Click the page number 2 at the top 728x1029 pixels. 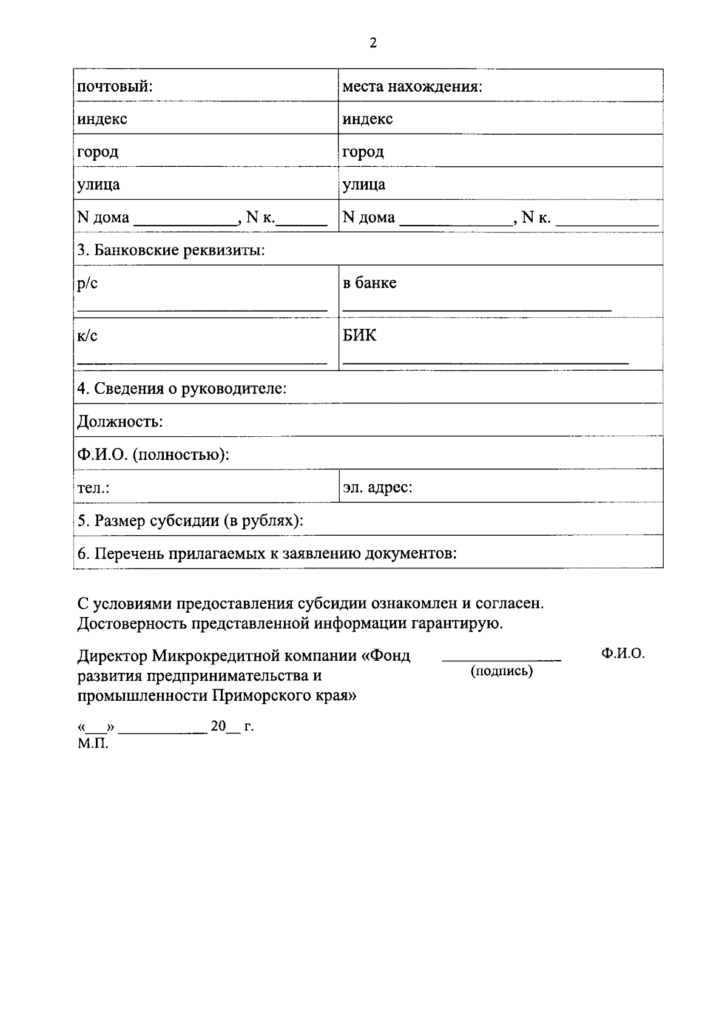(372, 42)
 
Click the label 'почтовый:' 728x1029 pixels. (114, 86)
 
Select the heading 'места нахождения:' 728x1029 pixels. (412, 86)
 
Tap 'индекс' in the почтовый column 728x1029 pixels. (102, 119)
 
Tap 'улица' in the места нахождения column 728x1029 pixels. (363, 184)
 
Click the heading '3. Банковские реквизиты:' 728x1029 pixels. (171, 250)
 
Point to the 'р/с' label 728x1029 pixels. (87, 283)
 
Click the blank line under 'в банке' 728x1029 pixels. (477, 309)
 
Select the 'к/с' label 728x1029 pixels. (87, 336)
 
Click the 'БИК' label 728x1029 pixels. (359, 335)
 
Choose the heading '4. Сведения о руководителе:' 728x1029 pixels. (181, 388)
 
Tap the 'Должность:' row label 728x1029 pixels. (120, 421)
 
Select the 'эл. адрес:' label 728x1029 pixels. (377, 487)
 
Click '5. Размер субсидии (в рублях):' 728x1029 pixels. (190, 521)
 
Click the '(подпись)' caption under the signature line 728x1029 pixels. (502, 671)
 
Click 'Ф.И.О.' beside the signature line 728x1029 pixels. (622, 653)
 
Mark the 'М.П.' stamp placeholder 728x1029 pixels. (93, 743)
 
